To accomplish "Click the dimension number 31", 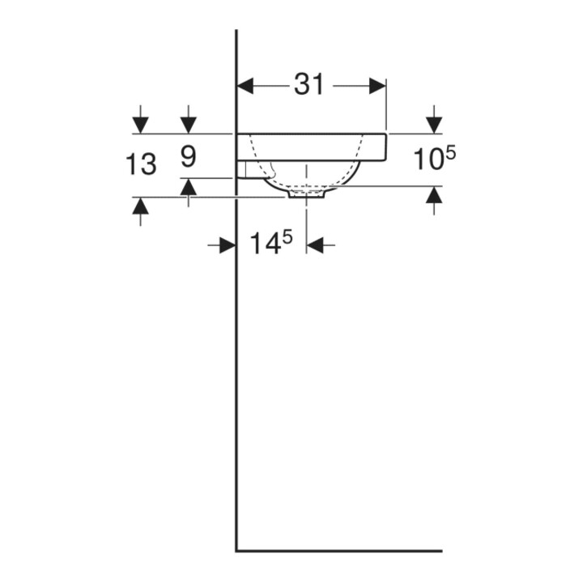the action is [309, 84].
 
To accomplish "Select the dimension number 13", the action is [141, 164].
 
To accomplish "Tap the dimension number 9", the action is [189, 156].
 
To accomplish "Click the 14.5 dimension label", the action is [271, 243].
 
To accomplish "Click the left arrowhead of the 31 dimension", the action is [245, 87].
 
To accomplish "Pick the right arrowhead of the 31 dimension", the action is [377, 87].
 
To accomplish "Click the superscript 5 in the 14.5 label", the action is [287, 236].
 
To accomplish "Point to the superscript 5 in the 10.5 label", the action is [450, 153].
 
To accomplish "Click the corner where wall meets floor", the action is [236, 551].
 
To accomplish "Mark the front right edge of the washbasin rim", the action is [387, 147].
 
